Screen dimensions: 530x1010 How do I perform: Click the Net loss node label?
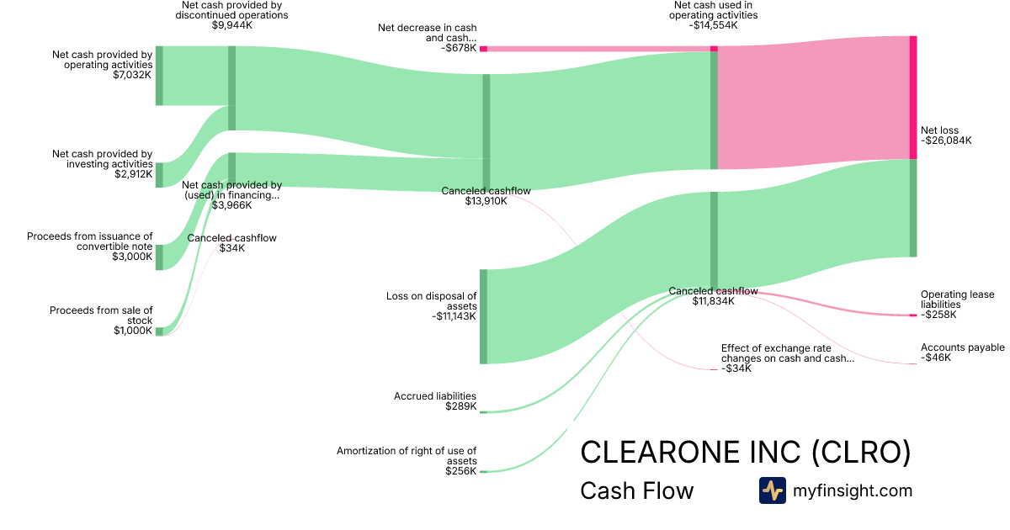point(938,130)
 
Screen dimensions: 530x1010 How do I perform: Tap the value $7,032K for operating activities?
point(132,75)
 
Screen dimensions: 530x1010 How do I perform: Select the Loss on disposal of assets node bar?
point(483,316)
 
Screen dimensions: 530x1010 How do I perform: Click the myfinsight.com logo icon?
point(772,490)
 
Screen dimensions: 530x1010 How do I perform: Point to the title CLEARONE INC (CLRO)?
point(746,452)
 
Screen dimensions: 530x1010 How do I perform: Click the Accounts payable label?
point(962,347)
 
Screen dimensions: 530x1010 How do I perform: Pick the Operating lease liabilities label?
point(957,299)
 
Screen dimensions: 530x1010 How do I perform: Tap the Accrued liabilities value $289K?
point(460,406)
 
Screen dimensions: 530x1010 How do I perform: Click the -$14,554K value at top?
point(713,25)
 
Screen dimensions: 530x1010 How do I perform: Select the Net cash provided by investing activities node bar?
point(159,175)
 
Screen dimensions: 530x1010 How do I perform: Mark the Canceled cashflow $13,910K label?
point(486,191)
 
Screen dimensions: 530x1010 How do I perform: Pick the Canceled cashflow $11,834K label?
point(713,291)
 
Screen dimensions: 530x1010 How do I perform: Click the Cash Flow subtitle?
point(636,491)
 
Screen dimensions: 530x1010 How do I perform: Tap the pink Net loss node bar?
point(912,97)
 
